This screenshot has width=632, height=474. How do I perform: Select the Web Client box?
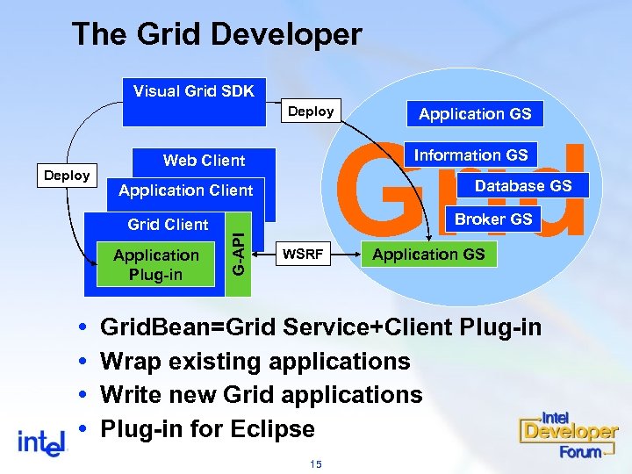204,161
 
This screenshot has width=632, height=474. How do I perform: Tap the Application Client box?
185,190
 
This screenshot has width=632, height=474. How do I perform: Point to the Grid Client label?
168,225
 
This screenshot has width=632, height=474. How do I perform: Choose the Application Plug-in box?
156,264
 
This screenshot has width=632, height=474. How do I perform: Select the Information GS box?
470,155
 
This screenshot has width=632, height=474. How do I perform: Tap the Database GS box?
522,185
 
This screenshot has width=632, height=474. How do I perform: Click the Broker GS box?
493,219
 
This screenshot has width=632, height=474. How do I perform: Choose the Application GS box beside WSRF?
428,255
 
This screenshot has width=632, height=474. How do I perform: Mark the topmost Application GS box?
475,113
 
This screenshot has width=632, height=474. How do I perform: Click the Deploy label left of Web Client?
68,176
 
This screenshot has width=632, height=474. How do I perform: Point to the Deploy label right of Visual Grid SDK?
311,111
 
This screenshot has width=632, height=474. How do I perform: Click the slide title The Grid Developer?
216,35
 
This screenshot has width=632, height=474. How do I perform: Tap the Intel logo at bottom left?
43,441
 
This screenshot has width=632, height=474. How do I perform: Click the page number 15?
316,463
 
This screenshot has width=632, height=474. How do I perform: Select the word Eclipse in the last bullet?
272,429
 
